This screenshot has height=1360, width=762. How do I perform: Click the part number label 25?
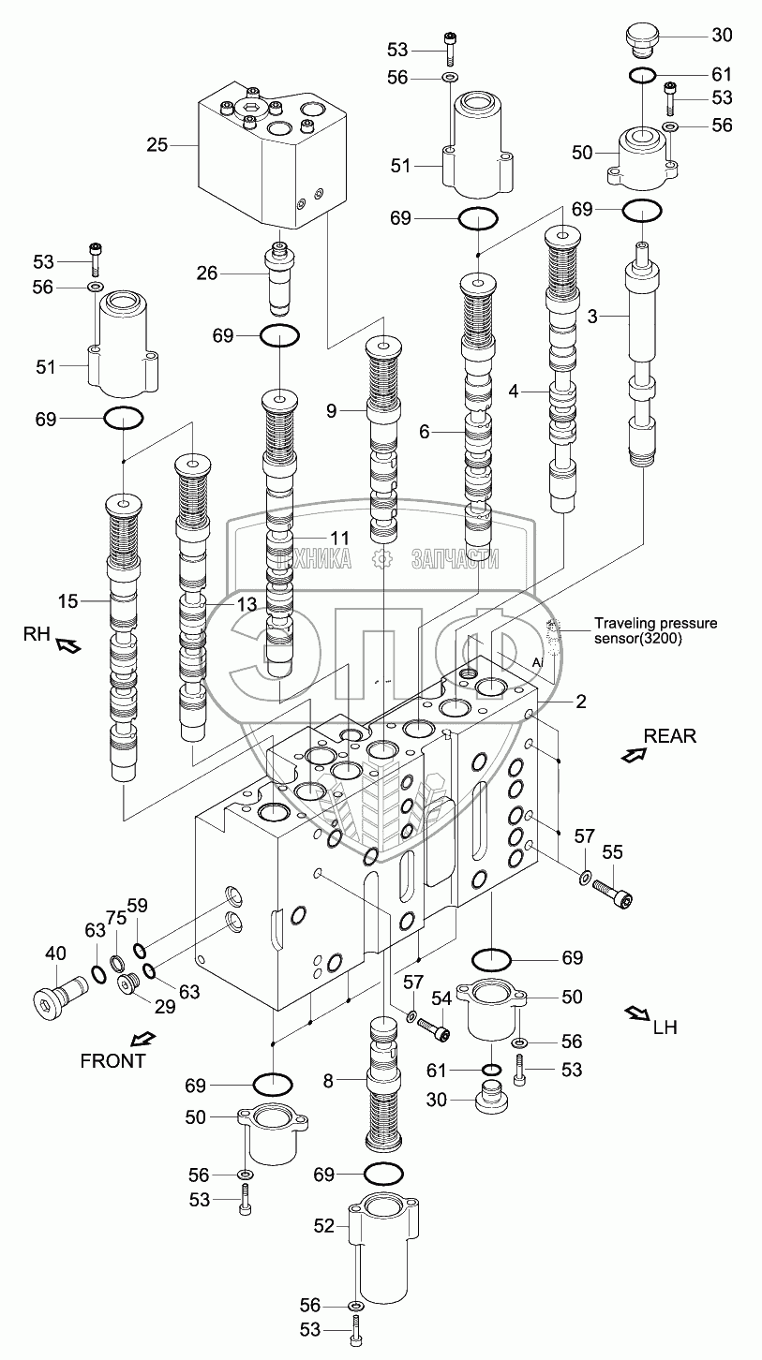[x=157, y=144]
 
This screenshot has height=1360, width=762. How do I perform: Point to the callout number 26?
[x=206, y=273]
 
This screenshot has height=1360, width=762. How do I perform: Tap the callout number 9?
[x=332, y=409]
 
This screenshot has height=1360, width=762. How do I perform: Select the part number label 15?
[x=65, y=599]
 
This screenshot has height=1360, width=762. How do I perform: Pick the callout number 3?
[x=591, y=317]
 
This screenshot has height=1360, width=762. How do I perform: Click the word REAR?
[x=669, y=735]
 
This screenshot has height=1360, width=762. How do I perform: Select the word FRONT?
[x=113, y=1060]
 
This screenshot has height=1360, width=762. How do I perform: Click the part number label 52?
[x=323, y=1224]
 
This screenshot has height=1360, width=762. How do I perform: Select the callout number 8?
[x=328, y=1082]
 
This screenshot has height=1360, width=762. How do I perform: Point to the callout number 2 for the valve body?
[x=581, y=701]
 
